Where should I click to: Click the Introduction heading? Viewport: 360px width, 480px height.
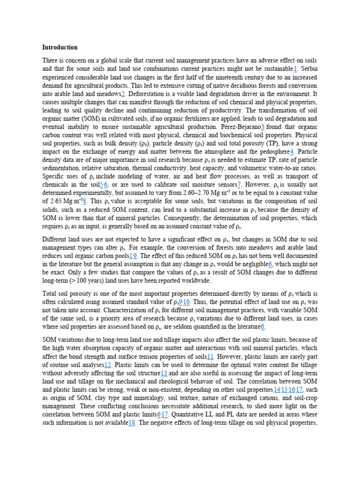(60, 47)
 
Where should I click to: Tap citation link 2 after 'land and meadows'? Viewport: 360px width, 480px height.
(123, 94)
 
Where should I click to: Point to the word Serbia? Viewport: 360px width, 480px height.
(309, 69)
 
